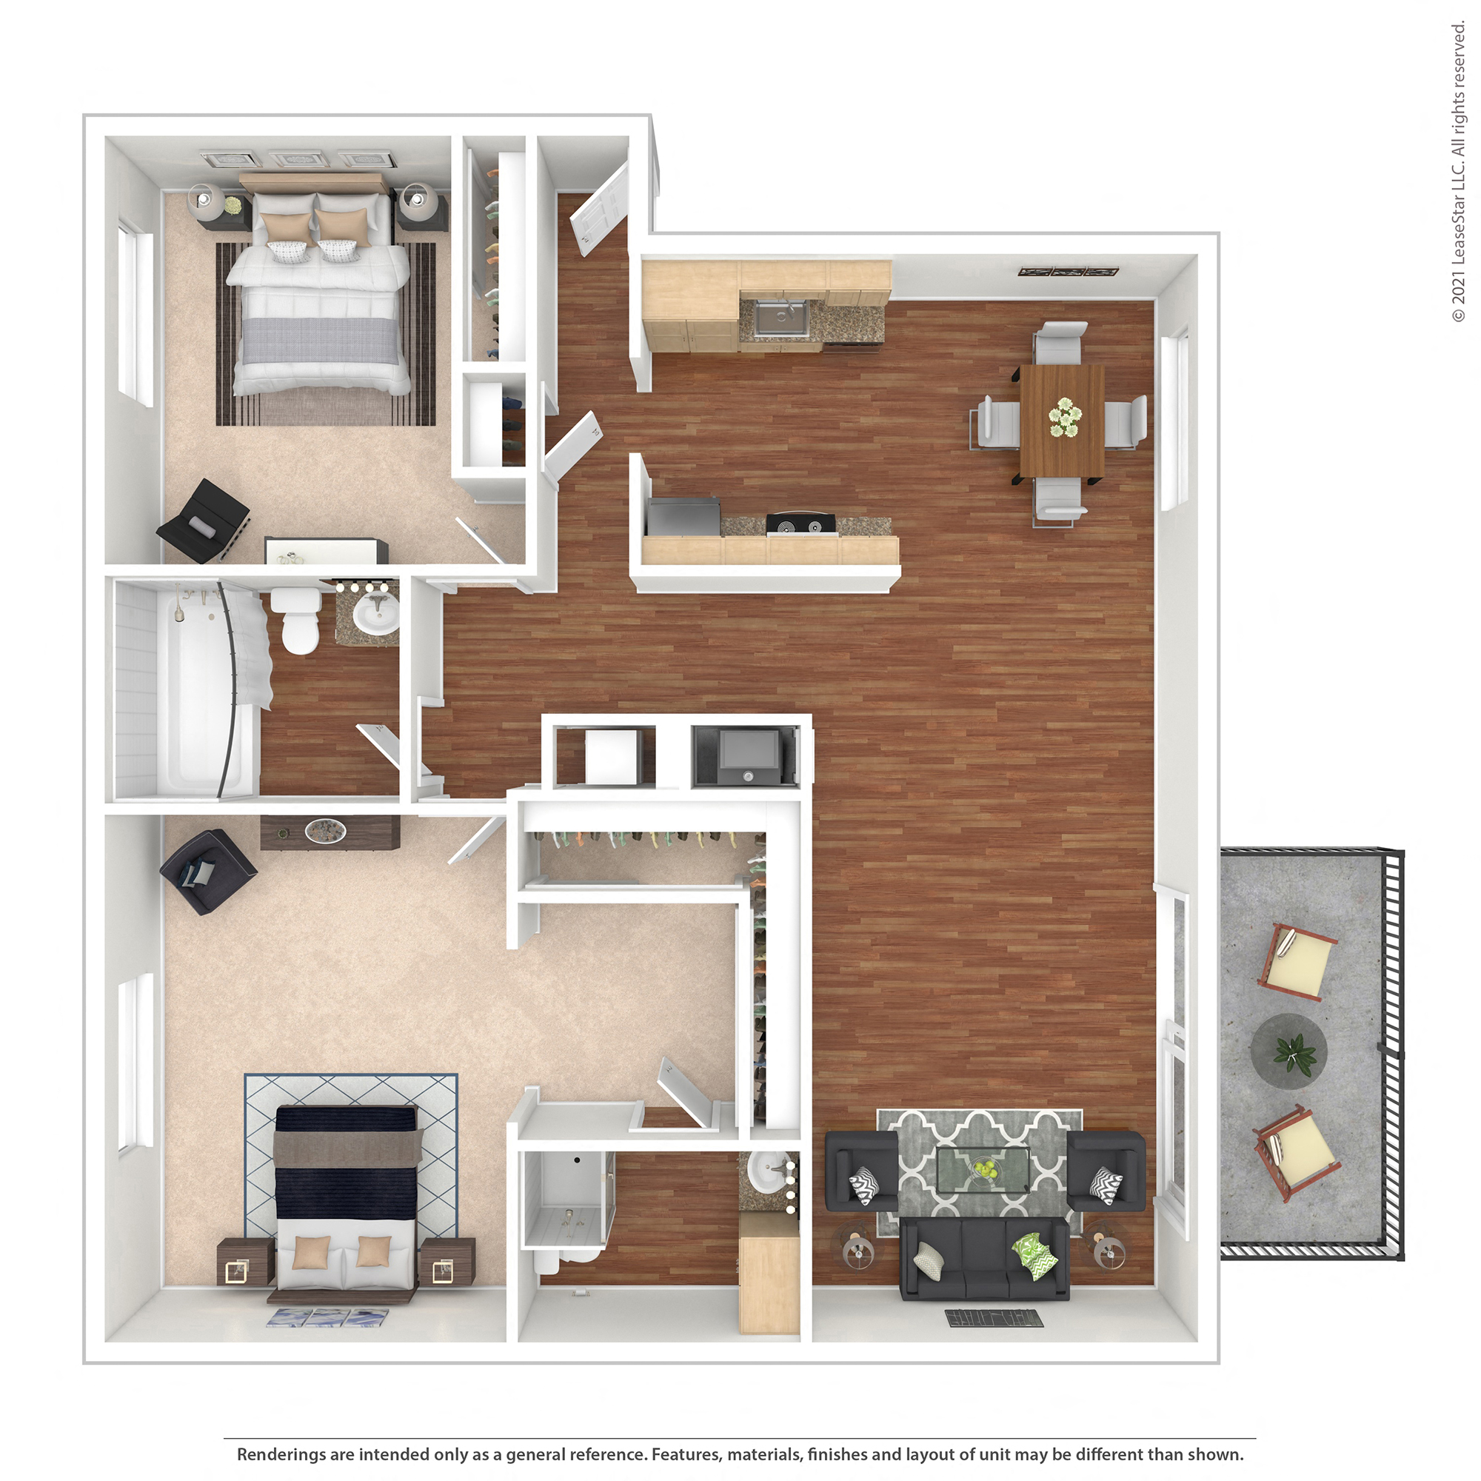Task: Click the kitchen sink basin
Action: tap(780, 318)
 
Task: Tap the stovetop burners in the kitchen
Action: tap(800, 524)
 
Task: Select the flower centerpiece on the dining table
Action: tap(1065, 418)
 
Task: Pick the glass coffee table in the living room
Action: tap(983, 1170)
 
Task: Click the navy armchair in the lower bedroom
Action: tap(205, 872)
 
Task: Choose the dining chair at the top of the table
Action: tap(1060, 342)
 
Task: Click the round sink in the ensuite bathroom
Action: tap(769, 1171)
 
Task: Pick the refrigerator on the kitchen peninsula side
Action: tap(682, 517)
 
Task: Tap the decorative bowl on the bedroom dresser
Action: tap(325, 830)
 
